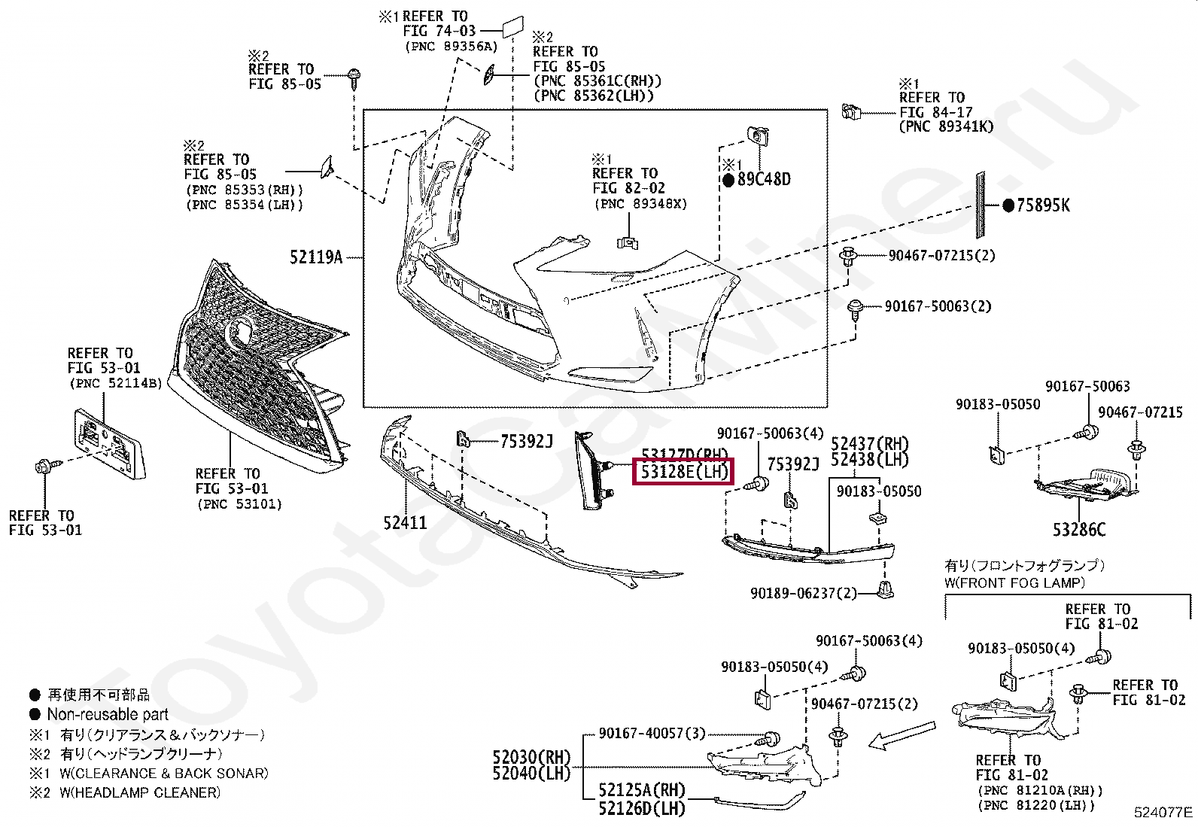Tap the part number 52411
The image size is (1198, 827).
pos(405,521)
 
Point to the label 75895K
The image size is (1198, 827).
pos(1042,205)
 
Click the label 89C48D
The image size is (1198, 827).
pos(764,180)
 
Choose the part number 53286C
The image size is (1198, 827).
pos(1079,531)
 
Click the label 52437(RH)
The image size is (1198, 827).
pos(869,444)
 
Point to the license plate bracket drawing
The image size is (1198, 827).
pos(106,442)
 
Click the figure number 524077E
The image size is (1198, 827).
pos(1164,812)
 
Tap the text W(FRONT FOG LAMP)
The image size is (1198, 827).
pos(1014,582)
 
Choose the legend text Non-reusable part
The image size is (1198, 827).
pos(108,714)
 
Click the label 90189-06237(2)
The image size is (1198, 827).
pos(804,593)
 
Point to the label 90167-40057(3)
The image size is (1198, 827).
pos(652,733)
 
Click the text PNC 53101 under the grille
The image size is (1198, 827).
pos(239,504)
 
